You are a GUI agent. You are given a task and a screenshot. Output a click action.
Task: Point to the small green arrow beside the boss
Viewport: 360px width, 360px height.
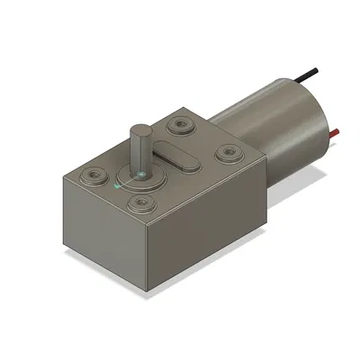click(118, 185)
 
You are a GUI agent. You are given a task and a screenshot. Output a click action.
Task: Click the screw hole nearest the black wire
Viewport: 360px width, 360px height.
click(181, 123)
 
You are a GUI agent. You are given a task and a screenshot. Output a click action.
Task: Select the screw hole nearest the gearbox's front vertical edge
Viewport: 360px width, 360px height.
click(140, 203)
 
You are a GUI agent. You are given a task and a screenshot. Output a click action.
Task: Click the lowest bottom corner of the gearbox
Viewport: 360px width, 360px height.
click(148, 290)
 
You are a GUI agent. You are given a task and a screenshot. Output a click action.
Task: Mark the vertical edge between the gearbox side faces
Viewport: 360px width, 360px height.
click(148, 256)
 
